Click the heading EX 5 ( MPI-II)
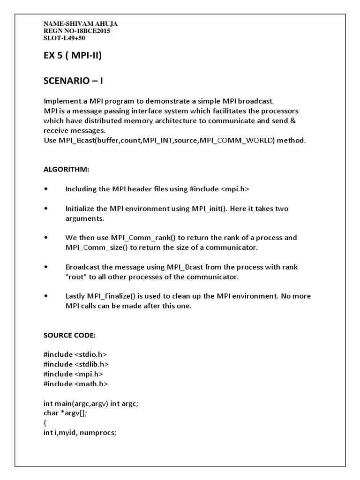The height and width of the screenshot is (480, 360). click(73, 57)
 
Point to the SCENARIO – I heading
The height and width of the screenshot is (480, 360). click(73, 81)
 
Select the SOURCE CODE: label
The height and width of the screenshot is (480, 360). click(69, 336)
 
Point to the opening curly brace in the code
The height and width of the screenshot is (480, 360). click(45, 423)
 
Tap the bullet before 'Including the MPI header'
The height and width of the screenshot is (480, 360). click(45, 189)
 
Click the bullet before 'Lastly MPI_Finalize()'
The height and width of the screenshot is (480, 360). click(45, 296)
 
